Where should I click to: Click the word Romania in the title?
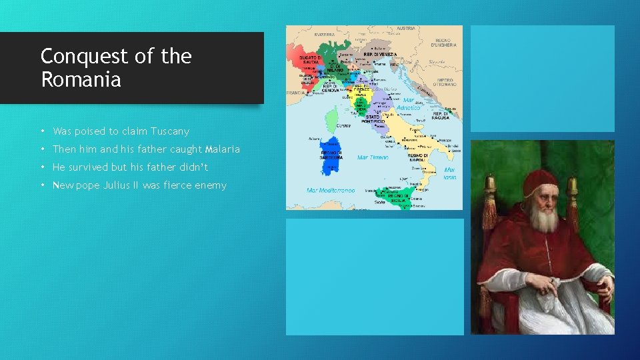click(81, 80)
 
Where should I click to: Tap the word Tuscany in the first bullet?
click(170, 131)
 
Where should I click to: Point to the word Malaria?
click(223, 149)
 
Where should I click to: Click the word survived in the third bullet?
click(93, 167)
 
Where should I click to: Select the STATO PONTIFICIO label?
click(373, 119)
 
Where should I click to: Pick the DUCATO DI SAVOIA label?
click(309, 61)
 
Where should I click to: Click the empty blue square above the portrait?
click(542, 79)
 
